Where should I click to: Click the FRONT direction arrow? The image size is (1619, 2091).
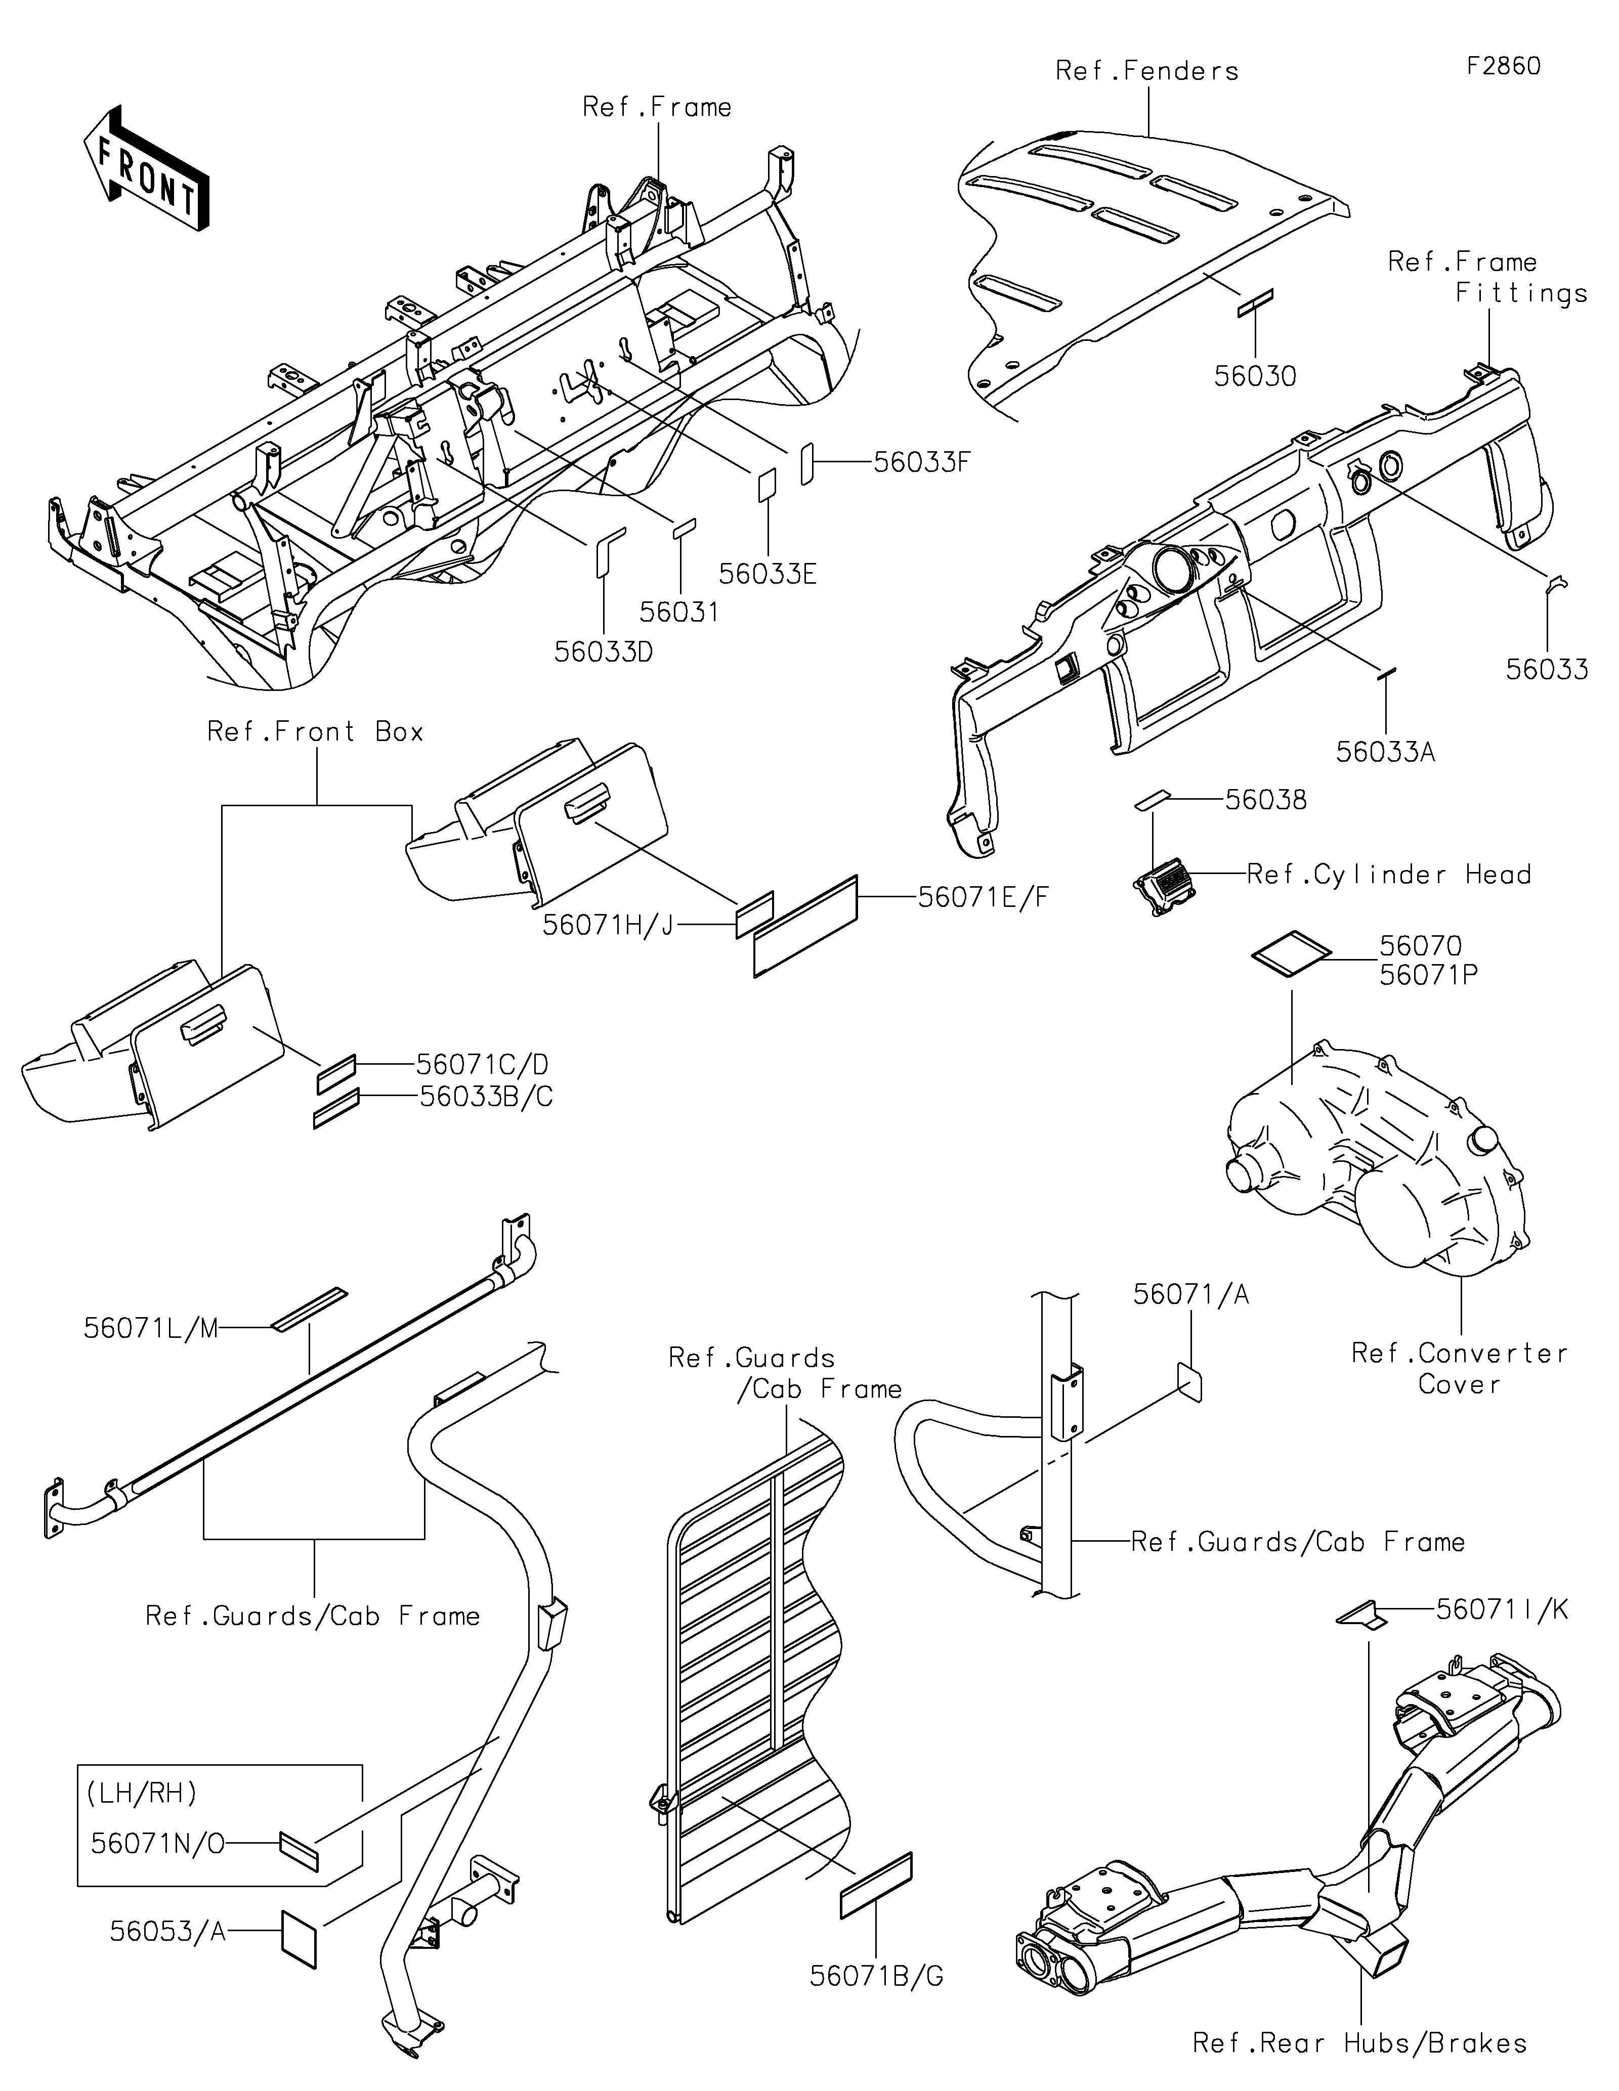[x=146, y=170]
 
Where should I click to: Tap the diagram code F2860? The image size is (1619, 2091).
[x=1503, y=66]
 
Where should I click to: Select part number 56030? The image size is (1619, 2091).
[x=1255, y=376]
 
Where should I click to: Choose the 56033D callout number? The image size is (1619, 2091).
[x=604, y=652]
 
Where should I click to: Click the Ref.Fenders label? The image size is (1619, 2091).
[x=1147, y=71]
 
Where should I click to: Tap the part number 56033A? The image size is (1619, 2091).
[x=1385, y=753]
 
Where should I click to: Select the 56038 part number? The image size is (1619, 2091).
[x=1266, y=800]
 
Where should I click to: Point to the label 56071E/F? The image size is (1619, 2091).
[x=983, y=897]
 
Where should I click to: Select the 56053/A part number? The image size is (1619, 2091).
[x=167, y=1931]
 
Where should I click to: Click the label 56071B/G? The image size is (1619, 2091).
[x=877, y=1975]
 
